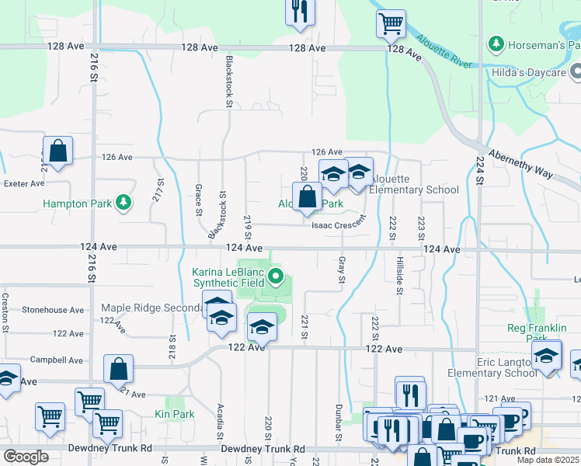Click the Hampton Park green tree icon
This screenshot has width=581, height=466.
tap(123, 203)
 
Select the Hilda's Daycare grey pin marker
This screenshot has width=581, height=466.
tap(576, 72)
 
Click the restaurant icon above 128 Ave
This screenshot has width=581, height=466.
tap(300, 12)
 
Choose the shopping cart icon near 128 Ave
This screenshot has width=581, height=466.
tap(391, 23)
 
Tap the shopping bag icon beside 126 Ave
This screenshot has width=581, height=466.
tap(57, 151)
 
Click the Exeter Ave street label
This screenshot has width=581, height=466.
tap(24, 184)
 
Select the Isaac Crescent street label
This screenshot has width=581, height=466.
tap(338, 225)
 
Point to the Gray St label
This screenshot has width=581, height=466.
tap(341, 270)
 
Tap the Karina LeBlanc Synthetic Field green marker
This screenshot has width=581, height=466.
tap(276, 276)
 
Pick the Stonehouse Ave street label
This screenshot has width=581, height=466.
tap(53, 310)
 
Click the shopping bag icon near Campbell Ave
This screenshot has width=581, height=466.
tap(118, 370)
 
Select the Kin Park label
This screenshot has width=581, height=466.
tap(175, 414)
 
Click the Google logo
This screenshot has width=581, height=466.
tap(26, 457)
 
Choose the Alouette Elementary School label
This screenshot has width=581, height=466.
tap(413, 190)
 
